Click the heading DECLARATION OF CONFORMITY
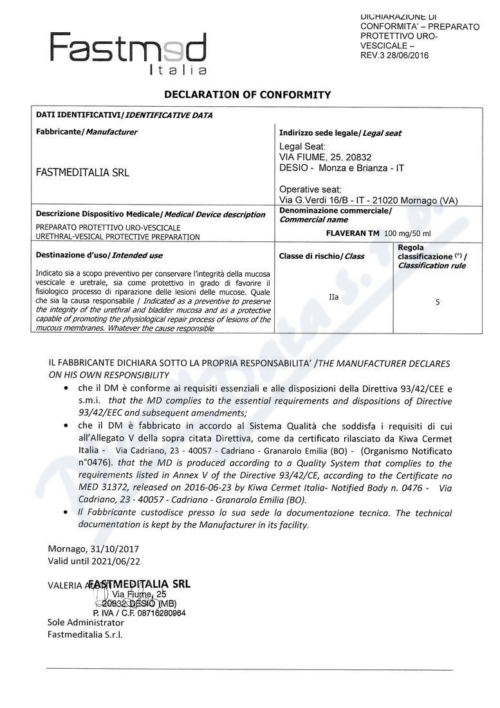[248, 95]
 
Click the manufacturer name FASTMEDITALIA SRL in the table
[82, 172]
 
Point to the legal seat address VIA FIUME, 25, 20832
[325, 157]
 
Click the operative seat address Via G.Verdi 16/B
[322, 200]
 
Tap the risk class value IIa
[333, 297]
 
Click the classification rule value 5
[438, 301]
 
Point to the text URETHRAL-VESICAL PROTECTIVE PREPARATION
[118, 237]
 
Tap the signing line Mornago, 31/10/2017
[93, 549]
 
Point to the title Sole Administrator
[86, 622]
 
